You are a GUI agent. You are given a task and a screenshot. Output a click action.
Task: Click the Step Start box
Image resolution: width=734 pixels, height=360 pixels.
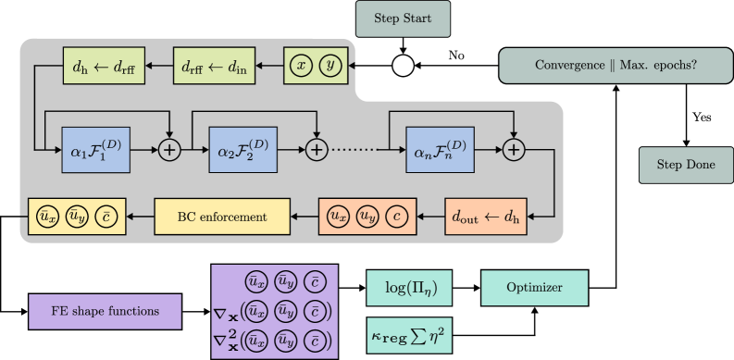pos(403,19)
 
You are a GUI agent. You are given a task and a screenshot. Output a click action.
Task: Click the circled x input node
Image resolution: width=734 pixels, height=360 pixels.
pos(301,66)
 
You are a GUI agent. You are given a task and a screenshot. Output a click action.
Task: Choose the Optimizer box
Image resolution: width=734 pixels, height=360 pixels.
pos(534,288)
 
